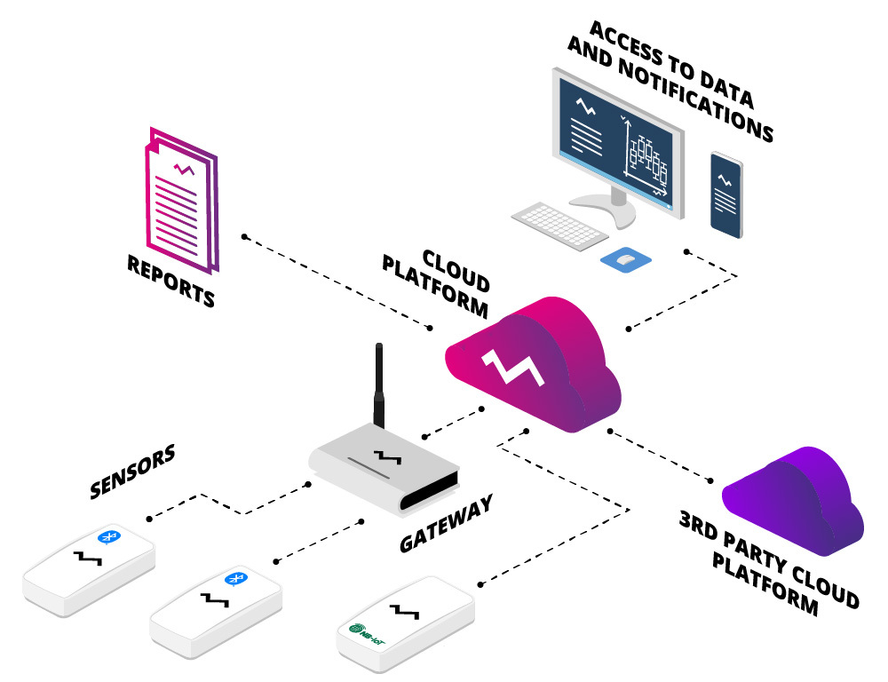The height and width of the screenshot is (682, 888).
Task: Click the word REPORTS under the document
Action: (171, 282)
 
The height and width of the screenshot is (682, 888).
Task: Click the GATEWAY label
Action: (446, 525)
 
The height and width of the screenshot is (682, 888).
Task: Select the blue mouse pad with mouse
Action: (626, 259)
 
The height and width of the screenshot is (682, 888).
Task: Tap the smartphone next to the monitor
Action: (725, 196)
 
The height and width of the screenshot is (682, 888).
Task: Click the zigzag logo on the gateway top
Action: (386, 456)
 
